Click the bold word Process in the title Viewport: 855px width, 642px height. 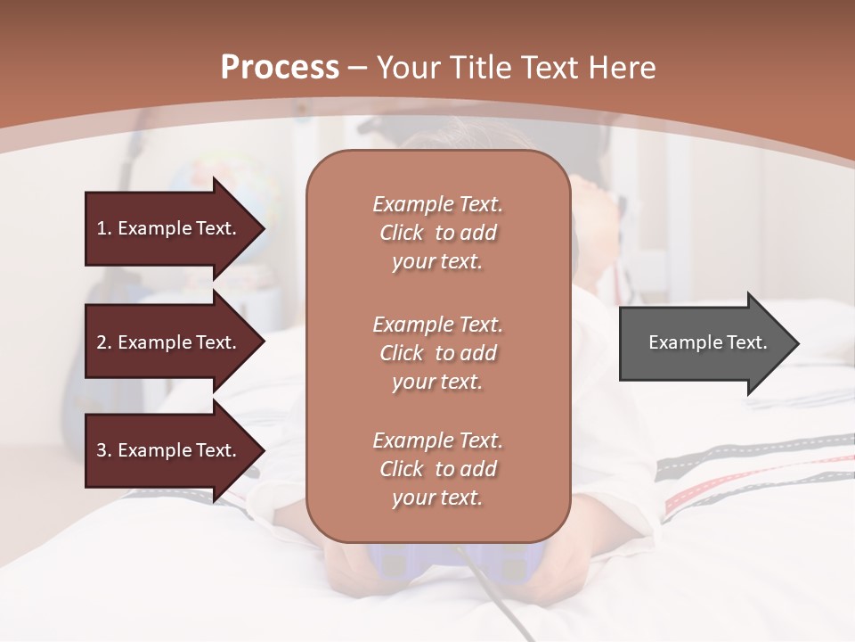pos(280,68)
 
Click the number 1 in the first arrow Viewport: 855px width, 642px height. pos(102,228)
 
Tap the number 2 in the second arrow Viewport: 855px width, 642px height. pos(102,342)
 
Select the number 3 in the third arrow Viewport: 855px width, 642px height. pos(102,450)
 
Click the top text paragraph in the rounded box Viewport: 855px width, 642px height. pos(437,233)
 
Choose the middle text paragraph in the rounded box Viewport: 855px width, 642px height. pos(437,353)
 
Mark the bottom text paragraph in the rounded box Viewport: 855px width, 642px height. pos(437,469)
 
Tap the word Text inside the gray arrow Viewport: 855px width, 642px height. pos(746,342)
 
